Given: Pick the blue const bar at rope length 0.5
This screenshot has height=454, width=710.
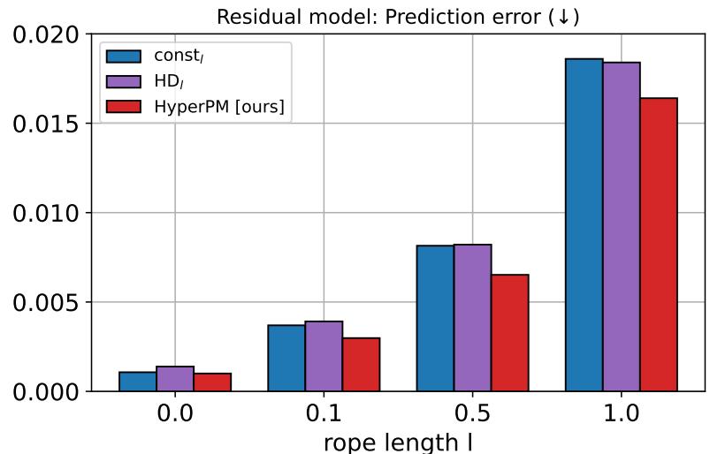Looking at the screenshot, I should [435, 318].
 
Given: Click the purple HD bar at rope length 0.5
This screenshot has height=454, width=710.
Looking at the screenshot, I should [472, 318].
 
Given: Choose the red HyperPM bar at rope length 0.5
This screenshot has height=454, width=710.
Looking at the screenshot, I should [510, 333].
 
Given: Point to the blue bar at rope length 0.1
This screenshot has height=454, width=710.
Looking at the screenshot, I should [286, 358].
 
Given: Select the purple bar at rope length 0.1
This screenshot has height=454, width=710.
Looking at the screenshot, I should [324, 356].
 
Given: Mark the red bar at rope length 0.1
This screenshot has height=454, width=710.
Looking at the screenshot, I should [361, 364].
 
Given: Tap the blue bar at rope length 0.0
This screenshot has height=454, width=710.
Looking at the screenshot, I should [137, 382].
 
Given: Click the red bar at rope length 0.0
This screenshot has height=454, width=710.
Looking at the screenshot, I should [212, 382].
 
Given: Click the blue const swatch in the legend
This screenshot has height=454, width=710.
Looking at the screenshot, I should [124, 57].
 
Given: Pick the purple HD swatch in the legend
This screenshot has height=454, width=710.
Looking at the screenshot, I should [124, 82].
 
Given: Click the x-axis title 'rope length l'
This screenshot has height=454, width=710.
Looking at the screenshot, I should [398, 442].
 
